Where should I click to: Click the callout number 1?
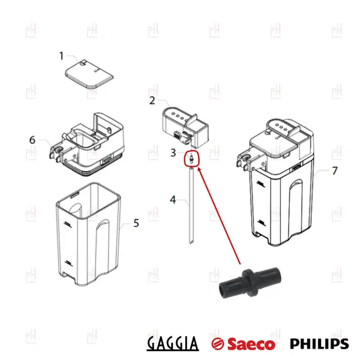(61, 56)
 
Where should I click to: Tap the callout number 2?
(152, 101)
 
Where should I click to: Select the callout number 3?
(173, 152)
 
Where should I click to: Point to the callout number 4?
(173, 200)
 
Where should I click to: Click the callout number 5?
(136, 223)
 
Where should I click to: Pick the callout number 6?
(32, 140)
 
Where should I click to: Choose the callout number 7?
(335, 171)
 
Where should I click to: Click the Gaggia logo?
(173, 343)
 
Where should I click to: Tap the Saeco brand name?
(251, 344)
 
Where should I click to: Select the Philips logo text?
(319, 344)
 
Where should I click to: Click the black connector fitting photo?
(250, 283)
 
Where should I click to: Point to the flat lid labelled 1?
(89, 74)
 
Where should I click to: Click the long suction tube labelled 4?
(191, 205)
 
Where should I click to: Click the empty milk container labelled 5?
(89, 234)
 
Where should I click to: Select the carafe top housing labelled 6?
(87, 144)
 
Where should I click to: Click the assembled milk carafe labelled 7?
(275, 182)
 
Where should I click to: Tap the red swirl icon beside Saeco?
(218, 344)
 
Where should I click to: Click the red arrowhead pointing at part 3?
(199, 169)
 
